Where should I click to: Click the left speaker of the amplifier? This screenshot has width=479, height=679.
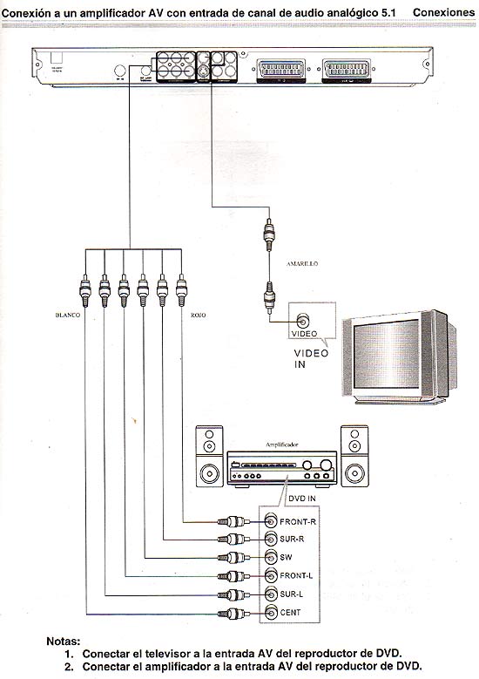click(x=210, y=457)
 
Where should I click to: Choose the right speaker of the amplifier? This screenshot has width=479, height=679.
click(x=354, y=457)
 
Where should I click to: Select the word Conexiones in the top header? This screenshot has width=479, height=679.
click(x=443, y=12)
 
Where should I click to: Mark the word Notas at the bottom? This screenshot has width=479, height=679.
click(x=64, y=642)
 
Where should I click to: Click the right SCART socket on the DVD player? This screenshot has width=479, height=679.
click(x=348, y=66)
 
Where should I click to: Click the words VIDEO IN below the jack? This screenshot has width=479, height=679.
click(x=311, y=357)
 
